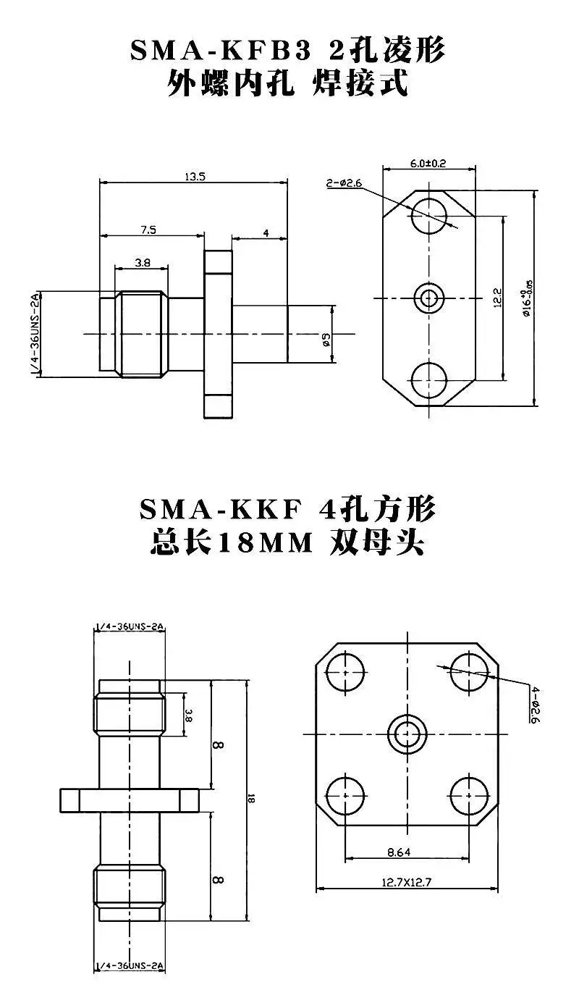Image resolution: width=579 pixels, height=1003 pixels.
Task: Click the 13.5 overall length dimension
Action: click(x=195, y=177)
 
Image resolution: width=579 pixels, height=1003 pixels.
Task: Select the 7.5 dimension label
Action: click(x=148, y=230)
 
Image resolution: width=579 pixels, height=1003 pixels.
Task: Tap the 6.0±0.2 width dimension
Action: click(x=428, y=163)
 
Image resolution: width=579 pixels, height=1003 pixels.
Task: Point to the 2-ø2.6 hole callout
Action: click(x=344, y=182)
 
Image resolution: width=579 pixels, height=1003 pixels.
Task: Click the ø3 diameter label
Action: click(x=326, y=340)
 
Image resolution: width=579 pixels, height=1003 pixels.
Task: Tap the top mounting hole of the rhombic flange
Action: click(x=429, y=217)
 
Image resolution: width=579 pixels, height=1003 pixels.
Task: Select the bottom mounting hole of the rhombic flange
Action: click(x=429, y=380)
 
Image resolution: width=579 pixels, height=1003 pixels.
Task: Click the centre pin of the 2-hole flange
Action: click(x=429, y=298)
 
